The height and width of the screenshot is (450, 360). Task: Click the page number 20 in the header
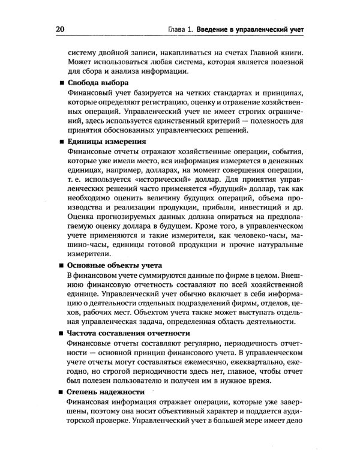(x=61, y=29)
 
